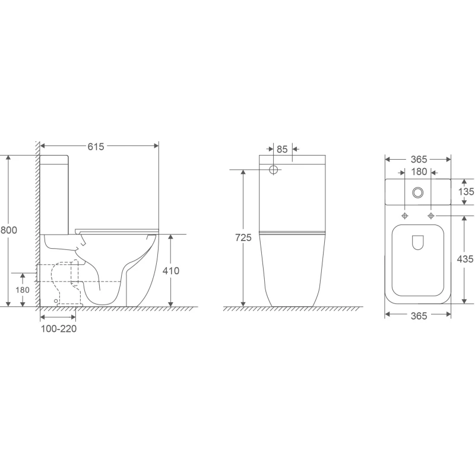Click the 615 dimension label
(x=96, y=147)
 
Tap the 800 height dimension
(x=8, y=230)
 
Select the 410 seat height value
(x=171, y=271)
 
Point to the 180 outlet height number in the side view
(x=23, y=290)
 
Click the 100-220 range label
(x=59, y=329)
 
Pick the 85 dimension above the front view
(x=282, y=150)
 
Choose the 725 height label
(x=243, y=238)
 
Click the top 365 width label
(x=419, y=159)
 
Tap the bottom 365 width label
(x=419, y=316)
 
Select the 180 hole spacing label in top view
(x=419, y=172)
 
